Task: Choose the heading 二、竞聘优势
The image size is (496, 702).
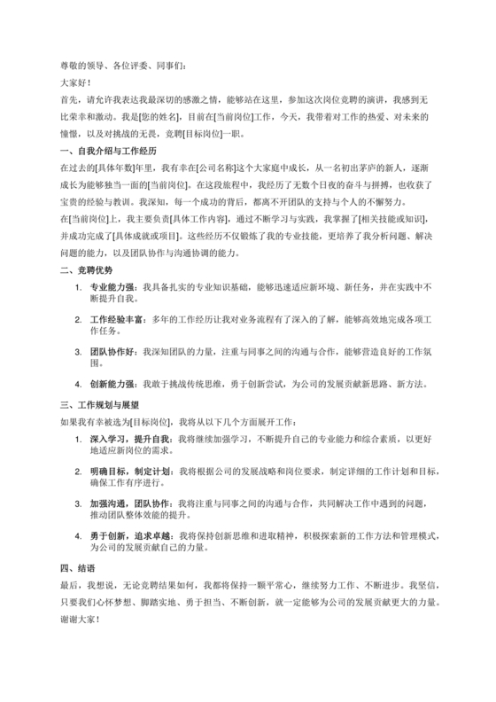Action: [87, 269]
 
